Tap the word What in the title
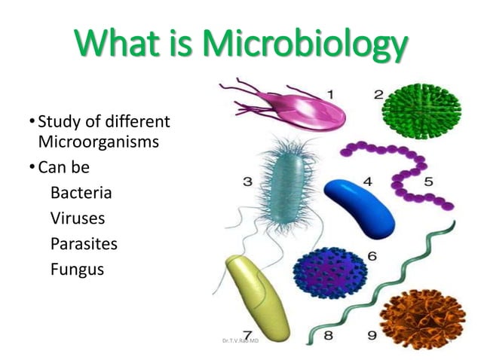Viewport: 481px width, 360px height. tap(113, 47)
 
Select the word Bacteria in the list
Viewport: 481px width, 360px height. tap(81, 193)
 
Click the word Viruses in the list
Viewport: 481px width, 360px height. tap(78, 218)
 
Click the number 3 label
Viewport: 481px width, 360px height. tap(247, 182)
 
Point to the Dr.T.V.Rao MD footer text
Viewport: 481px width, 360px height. tap(240, 341)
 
